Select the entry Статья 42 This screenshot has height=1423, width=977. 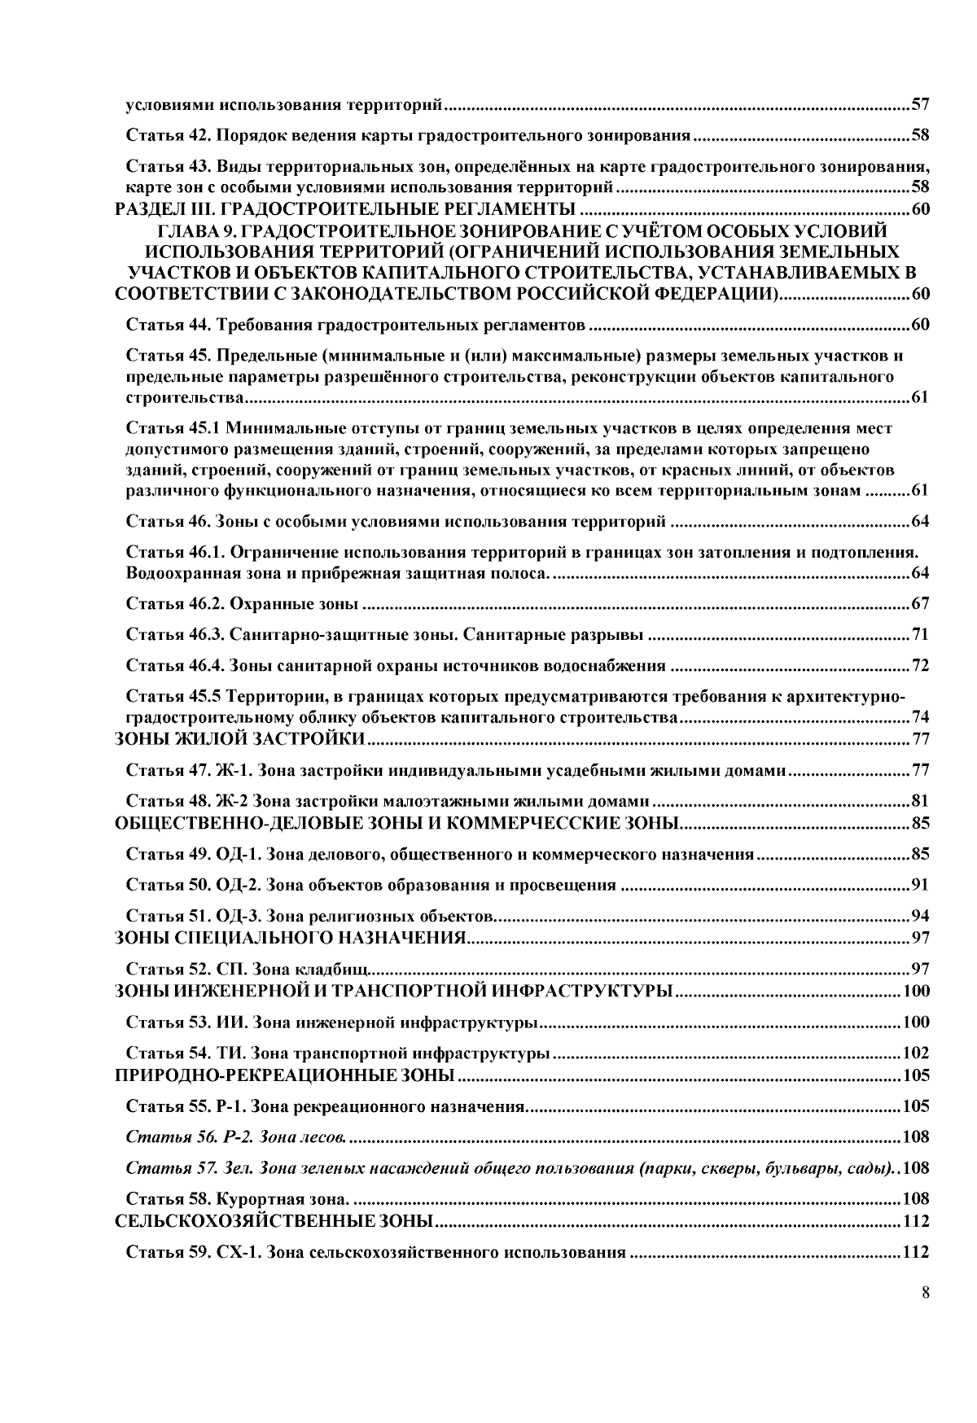click(407, 135)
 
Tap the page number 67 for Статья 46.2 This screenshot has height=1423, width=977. click(920, 604)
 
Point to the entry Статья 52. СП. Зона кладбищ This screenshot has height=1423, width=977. click(248, 969)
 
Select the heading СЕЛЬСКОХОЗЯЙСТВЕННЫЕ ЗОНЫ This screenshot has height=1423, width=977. click(273, 1221)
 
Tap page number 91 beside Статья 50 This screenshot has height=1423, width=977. click(920, 885)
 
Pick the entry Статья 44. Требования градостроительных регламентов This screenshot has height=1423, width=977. click(356, 326)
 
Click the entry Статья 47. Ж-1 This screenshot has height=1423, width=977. click(456, 770)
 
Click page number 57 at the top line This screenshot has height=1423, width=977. click(920, 104)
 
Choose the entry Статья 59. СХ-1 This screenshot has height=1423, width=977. click(375, 1252)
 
